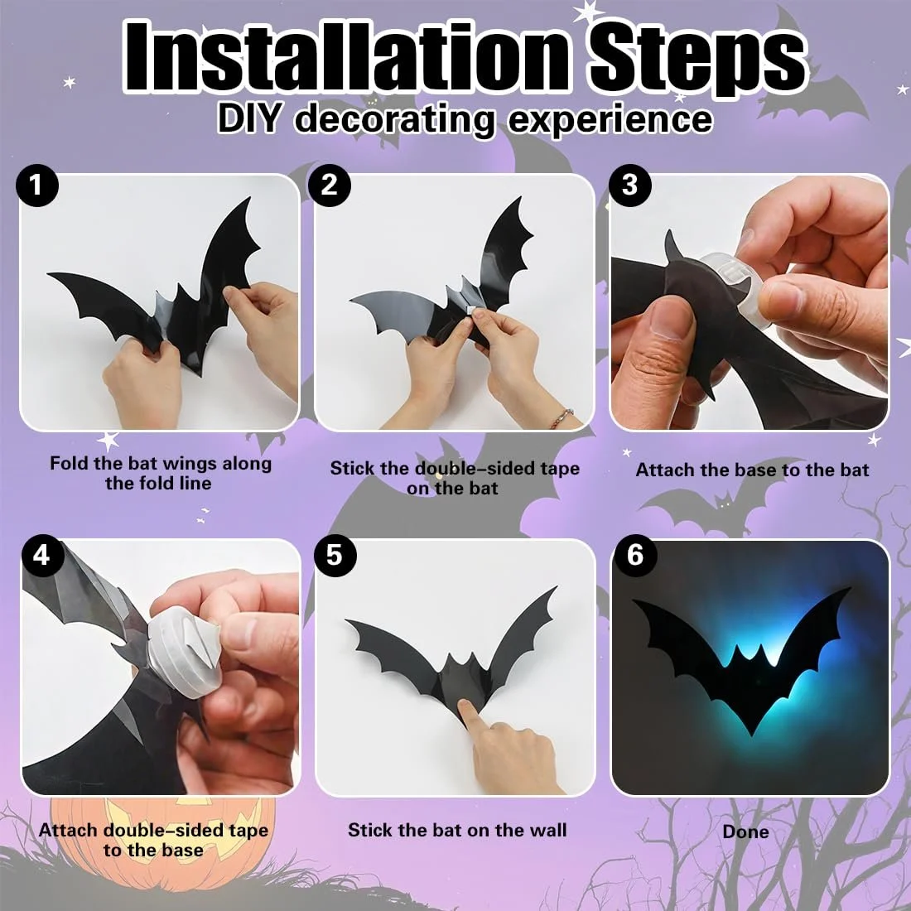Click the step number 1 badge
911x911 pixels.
pyautogui.click(x=36, y=185)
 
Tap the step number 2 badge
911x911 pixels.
pyautogui.click(x=330, y=185)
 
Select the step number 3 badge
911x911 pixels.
pyautogui.click(x=629, y=185)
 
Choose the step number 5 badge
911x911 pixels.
pyautogui.click(x=335, y=554)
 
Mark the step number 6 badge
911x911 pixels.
pyautogui.click(x=634, y=554)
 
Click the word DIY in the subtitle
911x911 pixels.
pyautogui.click(x=252, y=119)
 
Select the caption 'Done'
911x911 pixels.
pyautogui.click(x=745, y=831)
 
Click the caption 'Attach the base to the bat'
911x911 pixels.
pyautogui.click(x=752, y=470)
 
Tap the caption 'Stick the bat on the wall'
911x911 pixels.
pyautogui.click(x=457, y=830)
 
